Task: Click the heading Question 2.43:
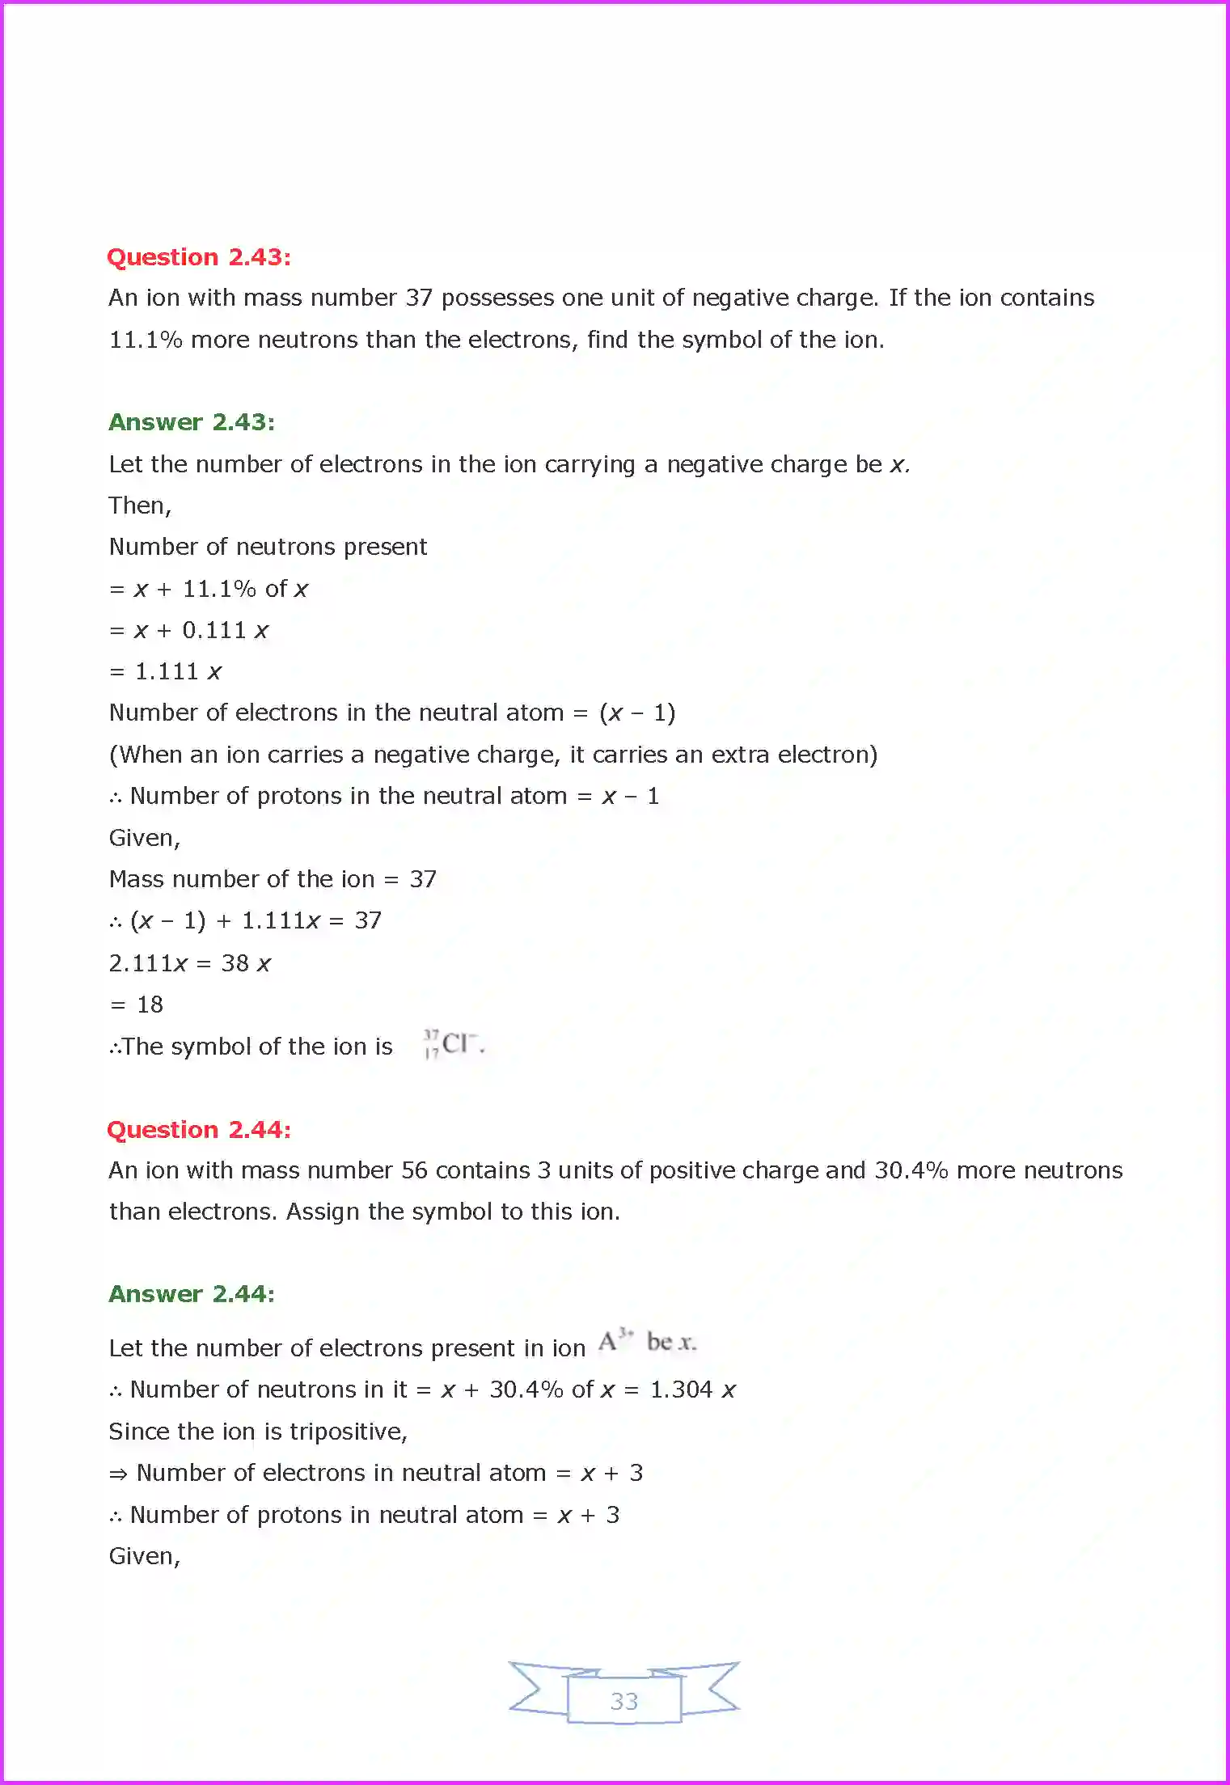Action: (199, 257)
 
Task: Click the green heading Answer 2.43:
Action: (192, 422)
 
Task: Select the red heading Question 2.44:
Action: (199, 1130)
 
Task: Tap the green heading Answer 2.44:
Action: (192, 1294)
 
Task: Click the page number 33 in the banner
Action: (623, 1701)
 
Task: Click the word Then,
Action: (140, 506)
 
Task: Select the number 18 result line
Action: (150, 1005)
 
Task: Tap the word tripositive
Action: (348, 1432)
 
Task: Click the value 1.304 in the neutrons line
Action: (681, 1390)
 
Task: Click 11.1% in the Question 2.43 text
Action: (146, 340)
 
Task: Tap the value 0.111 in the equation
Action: (213, 630)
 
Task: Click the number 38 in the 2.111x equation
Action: (235, 962)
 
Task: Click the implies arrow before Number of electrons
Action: (118, 1474)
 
